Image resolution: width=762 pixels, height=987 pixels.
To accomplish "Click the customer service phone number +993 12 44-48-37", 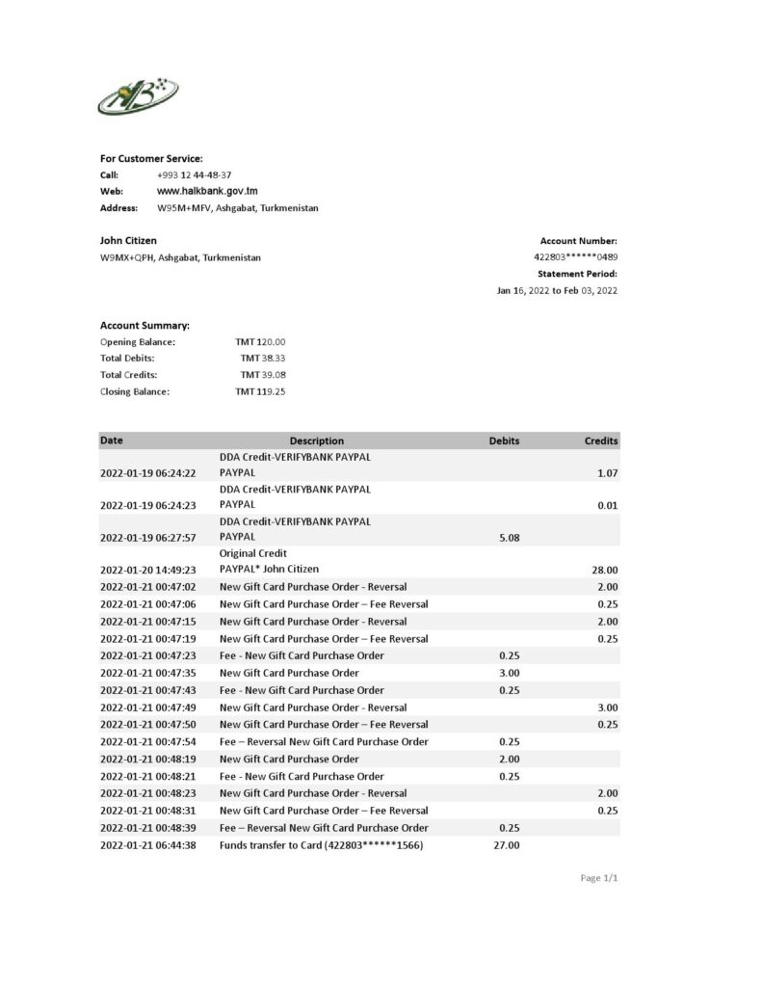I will point(194,175).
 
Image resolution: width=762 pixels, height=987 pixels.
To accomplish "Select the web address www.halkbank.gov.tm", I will point(207,192).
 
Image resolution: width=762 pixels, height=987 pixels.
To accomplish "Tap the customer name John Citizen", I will point(128,240).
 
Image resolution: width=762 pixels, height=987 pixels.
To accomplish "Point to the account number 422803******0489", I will point(575,257).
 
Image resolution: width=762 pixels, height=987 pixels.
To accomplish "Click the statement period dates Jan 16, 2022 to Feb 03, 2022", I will point(557,290).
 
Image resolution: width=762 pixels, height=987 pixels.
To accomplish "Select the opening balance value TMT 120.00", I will point(260,341).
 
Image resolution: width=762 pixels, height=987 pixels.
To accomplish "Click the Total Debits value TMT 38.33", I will point(262,358).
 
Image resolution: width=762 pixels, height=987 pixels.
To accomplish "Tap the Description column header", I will point(316,440).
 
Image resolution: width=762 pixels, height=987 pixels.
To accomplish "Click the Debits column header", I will point(504,440).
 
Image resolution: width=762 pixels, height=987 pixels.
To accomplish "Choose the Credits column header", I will point(601,440).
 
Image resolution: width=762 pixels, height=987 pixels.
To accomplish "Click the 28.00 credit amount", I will point(605,570).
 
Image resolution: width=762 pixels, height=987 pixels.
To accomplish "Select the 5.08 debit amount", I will point(509,538).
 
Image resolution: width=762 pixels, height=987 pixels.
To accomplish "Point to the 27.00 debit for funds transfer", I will point(507,845).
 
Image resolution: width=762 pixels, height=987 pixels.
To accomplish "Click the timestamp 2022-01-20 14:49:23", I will point(148,570).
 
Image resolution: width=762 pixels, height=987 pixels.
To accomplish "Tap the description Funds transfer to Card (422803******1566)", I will point(322,845).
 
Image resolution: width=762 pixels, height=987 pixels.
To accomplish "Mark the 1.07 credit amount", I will point(607,473).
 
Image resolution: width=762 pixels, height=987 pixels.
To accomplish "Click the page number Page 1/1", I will point(598,878).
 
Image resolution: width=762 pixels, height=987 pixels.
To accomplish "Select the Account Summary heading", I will point(145,325).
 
